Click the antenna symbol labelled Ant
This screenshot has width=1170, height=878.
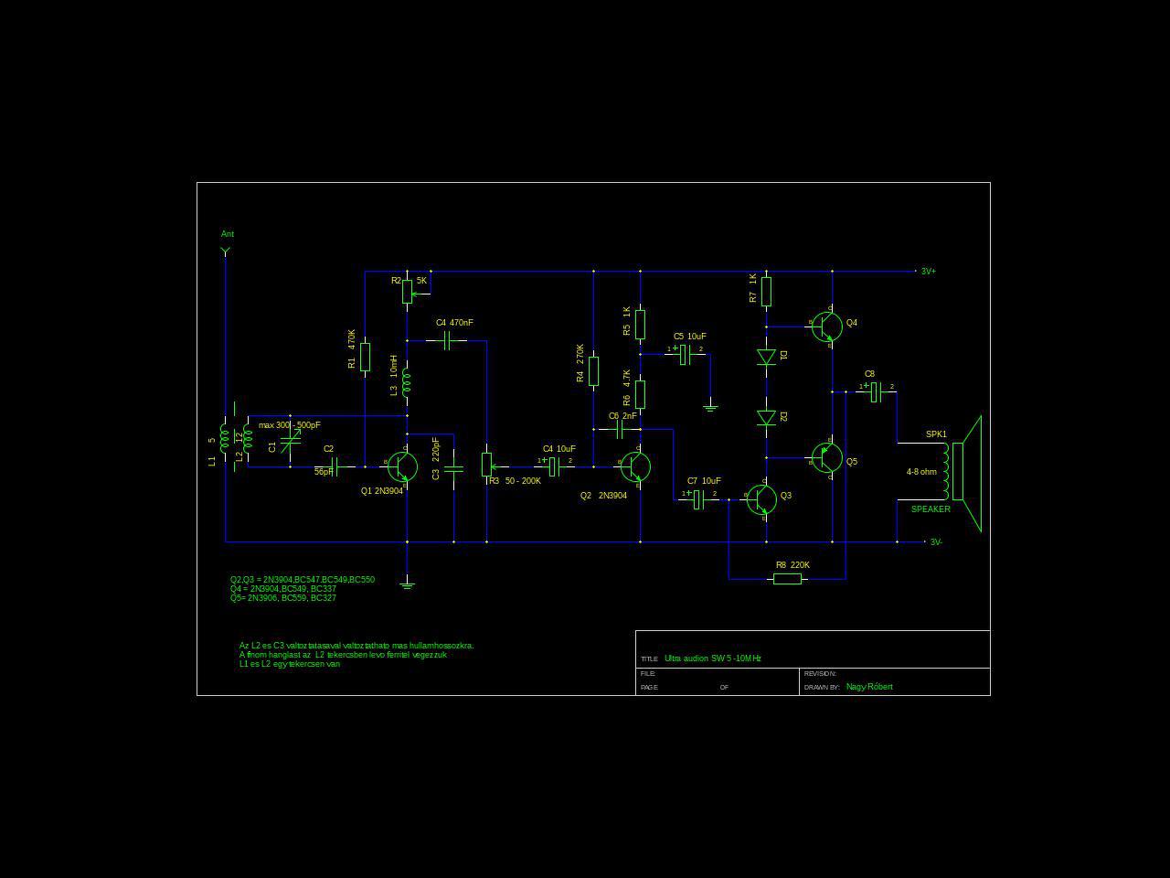point(226,251)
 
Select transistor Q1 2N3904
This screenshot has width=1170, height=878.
point(402,466)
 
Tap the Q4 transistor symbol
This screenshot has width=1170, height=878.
point(827,327)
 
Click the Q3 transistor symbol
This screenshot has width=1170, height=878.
point(761,499)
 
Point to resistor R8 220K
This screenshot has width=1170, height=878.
point(787,579)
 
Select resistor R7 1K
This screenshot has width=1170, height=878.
point(766,292)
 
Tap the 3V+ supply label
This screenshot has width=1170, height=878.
point(928,272)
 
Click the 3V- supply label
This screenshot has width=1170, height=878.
point(936,542)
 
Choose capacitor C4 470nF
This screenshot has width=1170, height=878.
point(447,341)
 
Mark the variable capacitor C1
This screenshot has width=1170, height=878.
point(290,443)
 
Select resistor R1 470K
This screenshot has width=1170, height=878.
point(365,357)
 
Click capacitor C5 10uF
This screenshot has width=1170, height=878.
point(685,355)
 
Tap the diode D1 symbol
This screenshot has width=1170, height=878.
point(766,357)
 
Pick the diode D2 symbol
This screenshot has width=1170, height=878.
point(766,418)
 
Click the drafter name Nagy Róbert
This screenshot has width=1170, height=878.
point(869,687)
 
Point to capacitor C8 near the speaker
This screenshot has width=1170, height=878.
point(875,392)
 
